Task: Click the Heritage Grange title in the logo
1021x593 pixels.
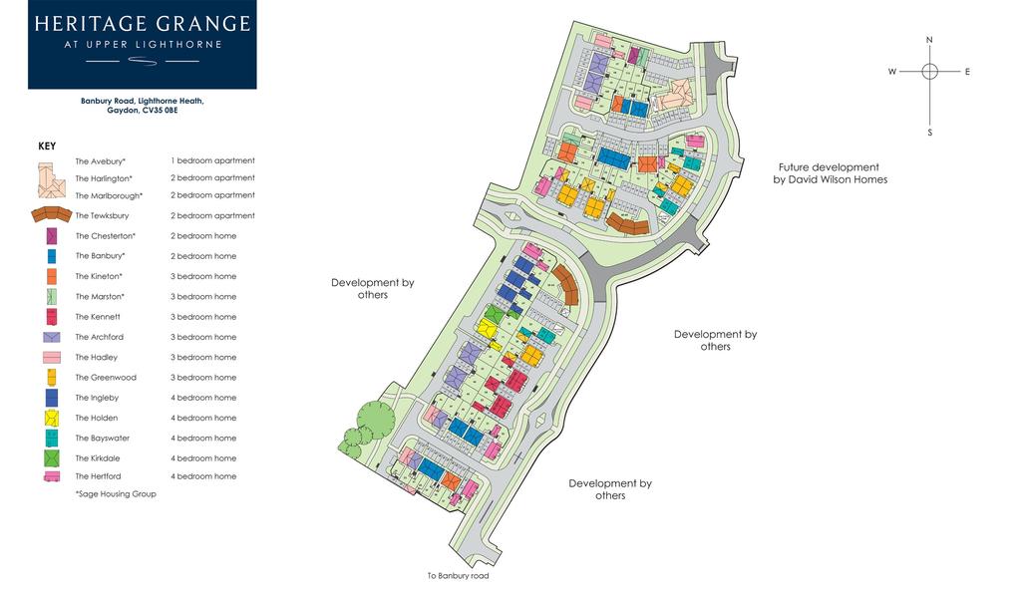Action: [142, 23]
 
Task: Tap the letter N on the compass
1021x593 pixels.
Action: [929, 40]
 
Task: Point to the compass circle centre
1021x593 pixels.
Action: [929, 71]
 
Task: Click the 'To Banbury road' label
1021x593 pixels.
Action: [459, 575]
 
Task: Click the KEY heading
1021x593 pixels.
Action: [47, 146]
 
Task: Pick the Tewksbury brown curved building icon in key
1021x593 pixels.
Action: [52, 214]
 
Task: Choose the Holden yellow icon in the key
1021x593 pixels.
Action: [51, 418]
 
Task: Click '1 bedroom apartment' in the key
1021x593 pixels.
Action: [212, 160]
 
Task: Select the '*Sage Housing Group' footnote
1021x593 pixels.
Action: [116, 493]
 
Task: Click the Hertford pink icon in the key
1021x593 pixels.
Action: [51, 476]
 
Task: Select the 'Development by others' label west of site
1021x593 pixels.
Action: [372, 288]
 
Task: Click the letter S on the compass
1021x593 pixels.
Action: [929, 132]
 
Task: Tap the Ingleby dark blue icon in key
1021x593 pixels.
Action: [51, 398]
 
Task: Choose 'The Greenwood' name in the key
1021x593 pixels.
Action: [106, 378]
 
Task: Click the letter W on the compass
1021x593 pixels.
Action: [892, 72]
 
